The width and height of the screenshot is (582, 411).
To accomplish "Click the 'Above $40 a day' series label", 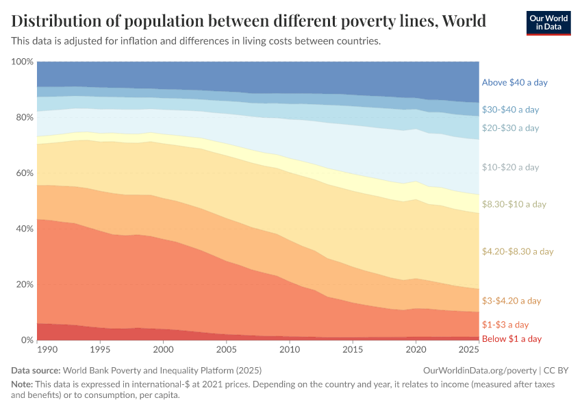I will click(514, 82).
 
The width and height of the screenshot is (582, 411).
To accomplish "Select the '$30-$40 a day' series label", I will click(510, 110).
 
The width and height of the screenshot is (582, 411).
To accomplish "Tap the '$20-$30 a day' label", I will click(510, 128).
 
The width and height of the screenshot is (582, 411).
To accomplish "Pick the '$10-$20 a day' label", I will click(510, 167).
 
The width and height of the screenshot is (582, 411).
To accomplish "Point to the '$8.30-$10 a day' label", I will click(514, 204).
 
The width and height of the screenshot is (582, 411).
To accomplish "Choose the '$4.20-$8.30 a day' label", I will click(517, 251).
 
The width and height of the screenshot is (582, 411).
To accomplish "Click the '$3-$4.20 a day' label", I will click(511, 301).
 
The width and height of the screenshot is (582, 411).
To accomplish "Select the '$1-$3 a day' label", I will click(505, 325).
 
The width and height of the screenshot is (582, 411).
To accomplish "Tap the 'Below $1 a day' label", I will click(511, 339).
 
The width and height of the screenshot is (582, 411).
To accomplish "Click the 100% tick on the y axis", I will click(23, 62).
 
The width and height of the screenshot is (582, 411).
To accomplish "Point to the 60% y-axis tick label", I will click(24, 173).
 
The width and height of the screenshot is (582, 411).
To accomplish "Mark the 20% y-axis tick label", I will click(24, 284).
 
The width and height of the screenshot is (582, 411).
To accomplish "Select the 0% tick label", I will click(27, 340).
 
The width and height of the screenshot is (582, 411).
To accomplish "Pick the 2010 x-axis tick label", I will click(289, 350).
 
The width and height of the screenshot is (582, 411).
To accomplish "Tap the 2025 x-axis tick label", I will click(469, 350).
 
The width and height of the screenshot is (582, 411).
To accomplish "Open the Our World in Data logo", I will click(548, 23).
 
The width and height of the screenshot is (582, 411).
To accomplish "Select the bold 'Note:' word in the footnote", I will click(24, 384).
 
